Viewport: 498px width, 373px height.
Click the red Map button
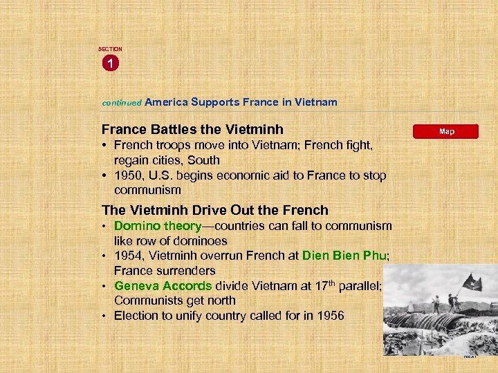tap(446, 131)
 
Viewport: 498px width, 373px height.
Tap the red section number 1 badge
tap(110, 64)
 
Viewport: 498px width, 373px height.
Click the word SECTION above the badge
tap(110, 49)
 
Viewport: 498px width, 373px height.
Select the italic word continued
tap(122, 102)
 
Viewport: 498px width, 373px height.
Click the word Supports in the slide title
tap(215, 102)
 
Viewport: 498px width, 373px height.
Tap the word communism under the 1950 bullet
tap(147, 189)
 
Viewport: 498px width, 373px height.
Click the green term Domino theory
tap(157, 226)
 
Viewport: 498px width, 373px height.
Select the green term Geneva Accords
tap(163, 285)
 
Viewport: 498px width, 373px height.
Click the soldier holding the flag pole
tap(454, 302)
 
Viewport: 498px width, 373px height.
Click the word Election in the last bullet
tap(137, 316)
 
